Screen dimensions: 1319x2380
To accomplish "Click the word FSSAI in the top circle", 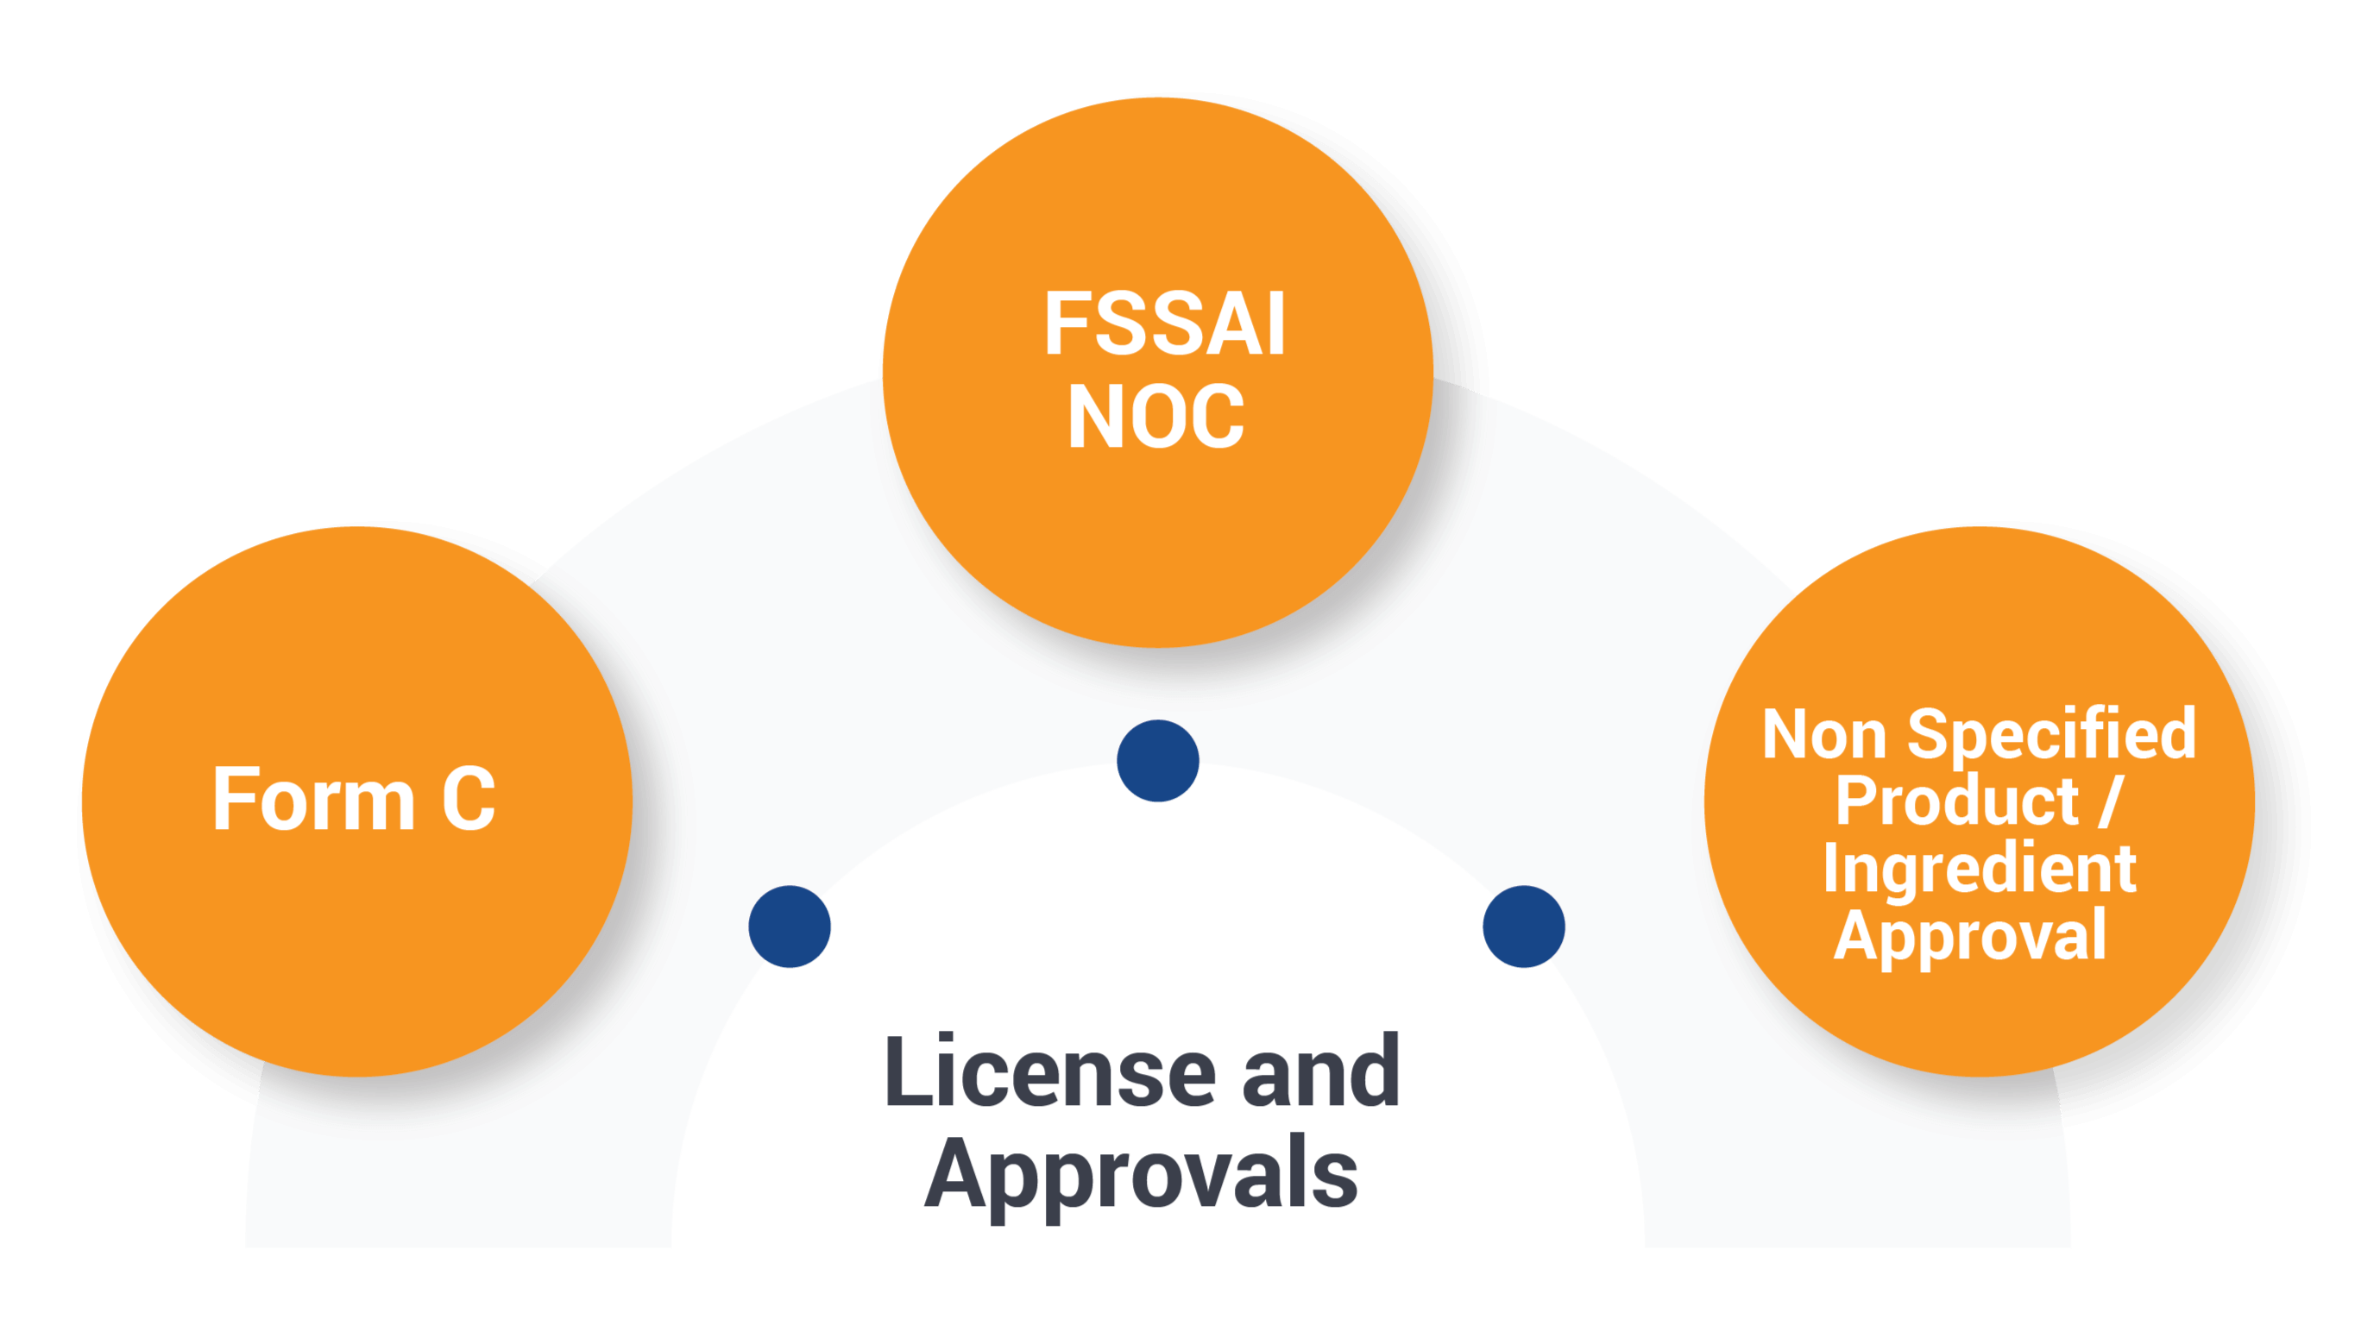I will [x=1164, y=324].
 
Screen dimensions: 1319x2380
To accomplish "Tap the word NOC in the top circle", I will [x=1155, y=417].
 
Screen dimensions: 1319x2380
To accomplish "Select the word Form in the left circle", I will [x=313, y=800].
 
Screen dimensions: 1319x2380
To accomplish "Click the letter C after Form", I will [x=469, y=800].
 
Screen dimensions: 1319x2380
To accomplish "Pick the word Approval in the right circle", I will [x=1970, y=935].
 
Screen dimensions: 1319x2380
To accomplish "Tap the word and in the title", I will [x=1321, y=1073].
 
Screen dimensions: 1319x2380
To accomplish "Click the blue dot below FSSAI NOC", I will [x=1158, y=761].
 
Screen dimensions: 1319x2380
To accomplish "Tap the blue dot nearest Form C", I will [x=790, y=926].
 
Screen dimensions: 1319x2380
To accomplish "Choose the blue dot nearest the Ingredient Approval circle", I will [x=1524, y=926].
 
